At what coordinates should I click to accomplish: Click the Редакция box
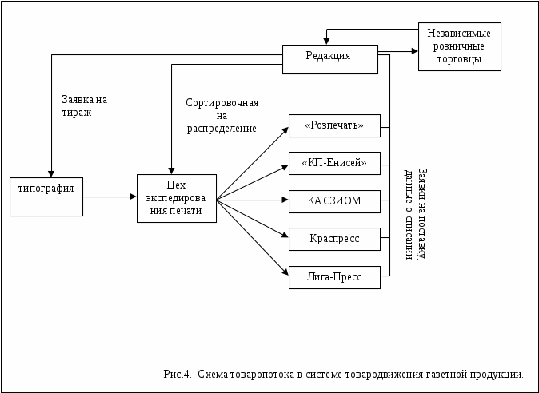click(x=329, y=59)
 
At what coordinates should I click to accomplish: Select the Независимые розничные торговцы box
click(x=459, y=46)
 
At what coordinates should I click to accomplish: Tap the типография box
click(x=46, y=195)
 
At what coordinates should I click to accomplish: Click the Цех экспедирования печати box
click(x=176, y=198)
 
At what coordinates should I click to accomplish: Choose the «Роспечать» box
click(x=333, y=126)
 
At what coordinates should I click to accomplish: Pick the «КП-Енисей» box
click(x=333, y=163)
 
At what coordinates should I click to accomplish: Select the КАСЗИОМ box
click(x=333, y=200)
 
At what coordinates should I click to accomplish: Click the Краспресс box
click(x=333, y=238)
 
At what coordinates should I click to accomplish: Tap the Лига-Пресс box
click(x=333, y=277)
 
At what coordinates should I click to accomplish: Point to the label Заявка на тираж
click(x=83, y=106)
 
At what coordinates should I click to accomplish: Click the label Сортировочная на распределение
click(x=222, y=115)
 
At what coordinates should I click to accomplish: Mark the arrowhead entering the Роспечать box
click(x=285, y=129)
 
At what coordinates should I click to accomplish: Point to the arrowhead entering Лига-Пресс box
click(x=285, y=275)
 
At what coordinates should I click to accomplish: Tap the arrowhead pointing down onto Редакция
click(x=325, y=42)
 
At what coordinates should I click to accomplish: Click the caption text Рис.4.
click(x=177, y=373)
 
